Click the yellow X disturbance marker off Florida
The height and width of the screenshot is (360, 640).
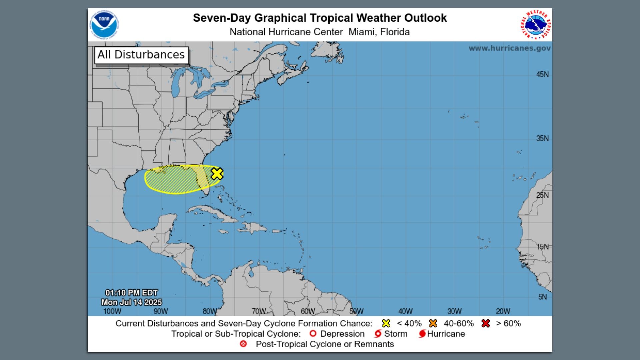tap(217, 174)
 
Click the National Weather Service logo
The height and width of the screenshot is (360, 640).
tap(536, 25)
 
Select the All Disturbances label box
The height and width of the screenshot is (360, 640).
tap(141, 55)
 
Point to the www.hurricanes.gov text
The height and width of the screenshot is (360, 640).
tap(509, 48)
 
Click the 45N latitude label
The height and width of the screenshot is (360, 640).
tap(542, 74)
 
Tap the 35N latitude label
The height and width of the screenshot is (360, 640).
tap(542, 138)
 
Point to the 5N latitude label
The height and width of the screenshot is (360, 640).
tap(542, 297)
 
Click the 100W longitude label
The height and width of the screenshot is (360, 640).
tap(112, 311)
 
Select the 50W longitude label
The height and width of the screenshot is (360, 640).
tap(356, 311)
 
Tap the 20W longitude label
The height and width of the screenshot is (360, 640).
tap(503, 311)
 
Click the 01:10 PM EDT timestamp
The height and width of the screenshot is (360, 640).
tap(131, 293)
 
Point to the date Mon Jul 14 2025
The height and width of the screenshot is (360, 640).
tap(131, 302)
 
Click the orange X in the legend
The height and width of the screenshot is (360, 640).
tap(433, 323)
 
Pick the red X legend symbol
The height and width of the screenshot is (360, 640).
tap(486, 323)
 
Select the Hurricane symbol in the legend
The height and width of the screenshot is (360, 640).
tap(422, 334)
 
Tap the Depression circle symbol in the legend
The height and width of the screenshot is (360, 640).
tap(313, 334)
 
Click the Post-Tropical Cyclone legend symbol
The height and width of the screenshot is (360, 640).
tap(243, 344)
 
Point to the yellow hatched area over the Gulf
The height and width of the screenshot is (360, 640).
tap(173, 180)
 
